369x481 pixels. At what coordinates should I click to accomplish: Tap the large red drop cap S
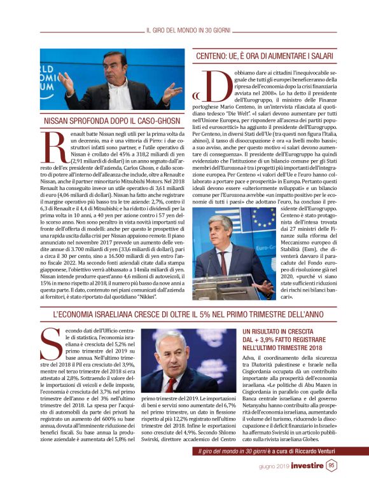[52, 345]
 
